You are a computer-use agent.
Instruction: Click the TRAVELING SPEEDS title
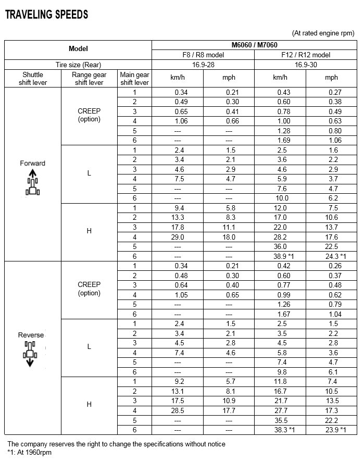46,15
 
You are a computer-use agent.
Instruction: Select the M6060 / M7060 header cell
255,45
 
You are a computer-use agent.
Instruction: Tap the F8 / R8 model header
203,55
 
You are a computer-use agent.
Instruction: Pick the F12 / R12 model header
306,55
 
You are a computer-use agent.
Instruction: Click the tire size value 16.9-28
203,65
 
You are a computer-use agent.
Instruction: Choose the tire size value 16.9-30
306,65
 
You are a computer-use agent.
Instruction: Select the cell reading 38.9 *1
280,256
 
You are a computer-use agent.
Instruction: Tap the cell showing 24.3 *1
331,256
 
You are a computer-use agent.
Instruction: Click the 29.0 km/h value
178,237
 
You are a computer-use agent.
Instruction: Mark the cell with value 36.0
280,246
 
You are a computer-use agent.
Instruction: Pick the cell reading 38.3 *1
280,430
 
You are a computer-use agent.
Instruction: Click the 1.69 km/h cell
280,140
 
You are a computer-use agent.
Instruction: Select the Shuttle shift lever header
33,78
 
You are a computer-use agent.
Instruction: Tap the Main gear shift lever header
134,78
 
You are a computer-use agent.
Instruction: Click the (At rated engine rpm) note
323,32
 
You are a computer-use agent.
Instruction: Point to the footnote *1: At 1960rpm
30,452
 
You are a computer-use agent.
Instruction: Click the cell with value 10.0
280,198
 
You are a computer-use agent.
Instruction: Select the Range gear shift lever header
89,78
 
